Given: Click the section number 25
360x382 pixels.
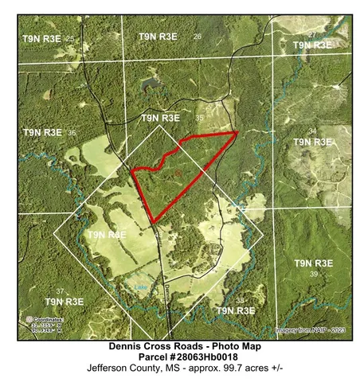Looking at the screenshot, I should pos(70,38).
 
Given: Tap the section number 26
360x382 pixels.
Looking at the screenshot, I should pos(198,37).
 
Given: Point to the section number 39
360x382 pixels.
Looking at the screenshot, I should pos(314,275).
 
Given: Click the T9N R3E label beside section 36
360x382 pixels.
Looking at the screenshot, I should pos(43,131).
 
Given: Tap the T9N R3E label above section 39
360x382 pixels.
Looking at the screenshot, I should pos(314,263).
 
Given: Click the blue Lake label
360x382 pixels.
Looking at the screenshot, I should pos(141,286).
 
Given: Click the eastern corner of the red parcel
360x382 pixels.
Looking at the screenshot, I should pos(237,132).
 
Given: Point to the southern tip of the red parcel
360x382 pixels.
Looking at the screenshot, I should pos(151,223).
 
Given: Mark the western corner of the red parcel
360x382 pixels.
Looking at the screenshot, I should pos(131,170).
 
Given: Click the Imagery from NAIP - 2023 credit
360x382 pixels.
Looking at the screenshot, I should pos(311,329).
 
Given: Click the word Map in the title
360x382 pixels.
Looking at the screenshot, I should pos(248,346).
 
